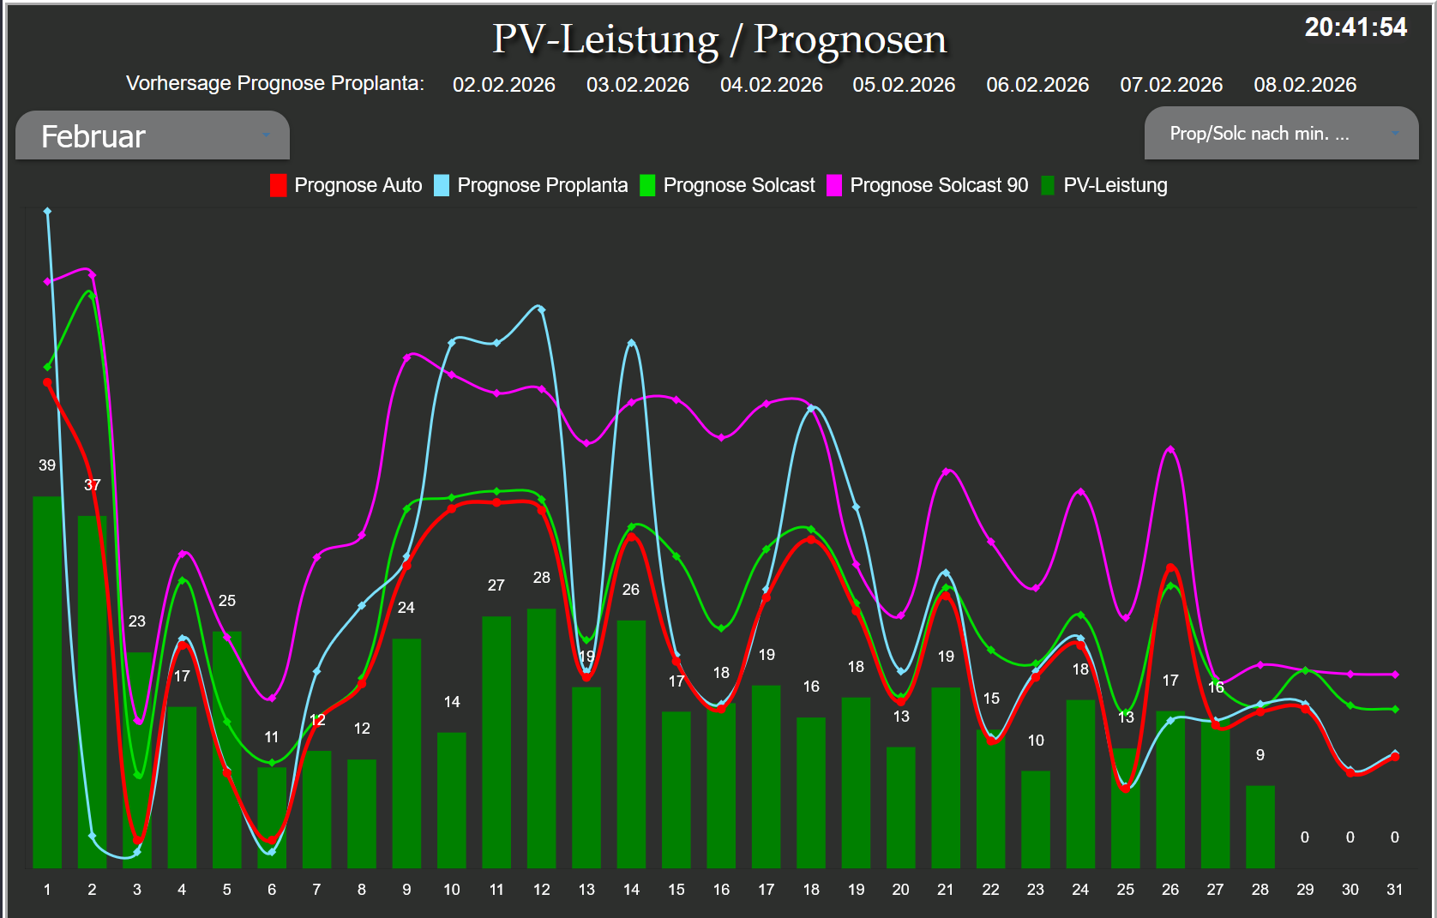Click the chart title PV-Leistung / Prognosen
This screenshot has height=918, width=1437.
tap(719, 39)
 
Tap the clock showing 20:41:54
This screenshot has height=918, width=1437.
tap(1355, 27)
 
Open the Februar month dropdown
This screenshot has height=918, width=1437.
tap(153, 136)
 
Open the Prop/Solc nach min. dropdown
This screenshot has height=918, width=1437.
tap(1281, 134)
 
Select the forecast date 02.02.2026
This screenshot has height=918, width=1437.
tap(503, 85)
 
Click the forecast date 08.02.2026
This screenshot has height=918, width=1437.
tap(1305, 85)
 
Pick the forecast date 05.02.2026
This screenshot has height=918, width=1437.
tap(904, 85)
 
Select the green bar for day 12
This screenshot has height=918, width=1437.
tap(541, 738)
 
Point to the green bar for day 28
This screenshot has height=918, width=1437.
tap(1260, 826)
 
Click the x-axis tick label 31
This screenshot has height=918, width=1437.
tap(1394, 890)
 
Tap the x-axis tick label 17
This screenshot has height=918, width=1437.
tap(766, 890)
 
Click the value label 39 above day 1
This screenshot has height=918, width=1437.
tap(47, 465)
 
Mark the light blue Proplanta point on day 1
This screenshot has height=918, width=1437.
tap(47, 211)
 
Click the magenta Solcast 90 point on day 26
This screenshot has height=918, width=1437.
tap(1170, 449)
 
